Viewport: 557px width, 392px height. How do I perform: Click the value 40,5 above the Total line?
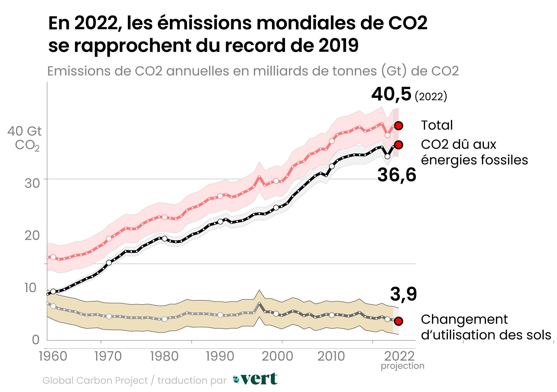391,94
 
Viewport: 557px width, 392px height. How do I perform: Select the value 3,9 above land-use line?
403,294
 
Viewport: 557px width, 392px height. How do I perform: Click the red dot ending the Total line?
398,125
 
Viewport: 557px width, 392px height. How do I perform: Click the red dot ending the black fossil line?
398,145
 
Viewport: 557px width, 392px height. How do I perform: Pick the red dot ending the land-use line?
398,321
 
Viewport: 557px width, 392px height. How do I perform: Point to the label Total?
437,125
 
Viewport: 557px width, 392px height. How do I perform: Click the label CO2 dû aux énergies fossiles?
474,152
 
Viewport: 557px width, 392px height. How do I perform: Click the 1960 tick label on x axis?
53,356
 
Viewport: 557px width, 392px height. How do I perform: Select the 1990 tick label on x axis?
220,356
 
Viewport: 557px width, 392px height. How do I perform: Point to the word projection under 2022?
402,366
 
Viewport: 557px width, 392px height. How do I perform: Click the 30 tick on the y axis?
32,183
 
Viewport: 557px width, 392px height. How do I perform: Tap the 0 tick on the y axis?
36,340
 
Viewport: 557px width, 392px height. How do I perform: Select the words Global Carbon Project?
95,380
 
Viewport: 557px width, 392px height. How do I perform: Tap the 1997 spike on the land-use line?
259,303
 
